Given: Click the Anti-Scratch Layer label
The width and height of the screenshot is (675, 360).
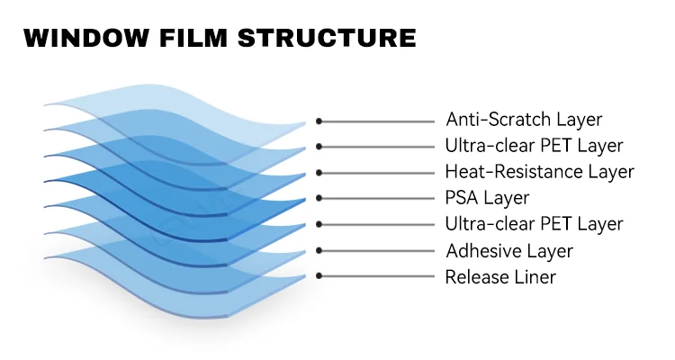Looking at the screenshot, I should tap(524, 120).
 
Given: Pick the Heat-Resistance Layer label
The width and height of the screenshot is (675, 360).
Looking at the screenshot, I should tap(539, 172).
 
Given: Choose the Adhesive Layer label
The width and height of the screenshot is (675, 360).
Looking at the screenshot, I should tap(508, 251).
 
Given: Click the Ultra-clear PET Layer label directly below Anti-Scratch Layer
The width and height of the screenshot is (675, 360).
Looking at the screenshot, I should tap(534, 146).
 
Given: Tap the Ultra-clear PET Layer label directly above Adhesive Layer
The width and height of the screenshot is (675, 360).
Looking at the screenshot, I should tap(534, 224).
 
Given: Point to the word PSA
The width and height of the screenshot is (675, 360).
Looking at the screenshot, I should tap(463, 198).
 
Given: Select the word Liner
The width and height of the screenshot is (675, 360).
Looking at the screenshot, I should tap(535, 277).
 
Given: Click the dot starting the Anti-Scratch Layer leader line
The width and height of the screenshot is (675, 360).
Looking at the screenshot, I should tap(319, 121).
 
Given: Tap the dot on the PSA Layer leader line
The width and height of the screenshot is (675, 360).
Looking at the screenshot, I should tap(319, 199).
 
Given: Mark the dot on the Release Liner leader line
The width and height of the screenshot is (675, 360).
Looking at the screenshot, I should tap(319, 277).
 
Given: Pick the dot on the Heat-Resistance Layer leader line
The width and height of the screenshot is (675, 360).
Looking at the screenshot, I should tap(319, 173).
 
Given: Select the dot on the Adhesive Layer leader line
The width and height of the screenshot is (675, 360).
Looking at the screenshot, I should tap(319, 251).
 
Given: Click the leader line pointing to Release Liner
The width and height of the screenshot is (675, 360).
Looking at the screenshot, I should tap(378, 277).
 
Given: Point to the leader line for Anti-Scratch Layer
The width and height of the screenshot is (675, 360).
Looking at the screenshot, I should tap(378, 121).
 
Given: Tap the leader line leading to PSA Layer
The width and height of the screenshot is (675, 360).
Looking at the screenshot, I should tap(378, 199).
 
